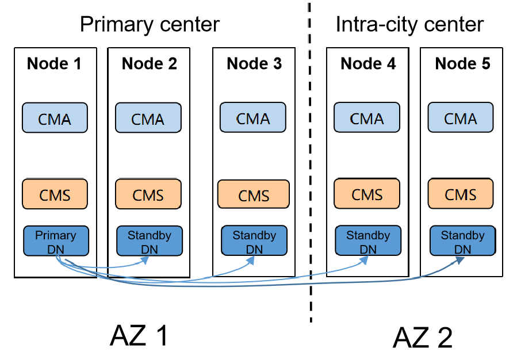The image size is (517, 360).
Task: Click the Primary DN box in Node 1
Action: (x=56, y=241)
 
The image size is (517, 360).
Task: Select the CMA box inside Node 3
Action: (x=253, y=118)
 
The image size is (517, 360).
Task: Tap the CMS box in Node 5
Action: (x=461, y=194)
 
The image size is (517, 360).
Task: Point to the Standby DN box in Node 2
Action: (x=149, y=241)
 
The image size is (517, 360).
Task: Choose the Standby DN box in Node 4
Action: (x=367, y=241)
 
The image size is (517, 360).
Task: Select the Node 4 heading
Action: (x=368, y=63)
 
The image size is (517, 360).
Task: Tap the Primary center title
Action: (x=150, y=25)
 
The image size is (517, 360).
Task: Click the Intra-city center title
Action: (x=409, y=25)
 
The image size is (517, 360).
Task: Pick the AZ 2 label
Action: (x=423, y=337)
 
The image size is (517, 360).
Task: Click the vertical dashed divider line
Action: (x=310, y=173)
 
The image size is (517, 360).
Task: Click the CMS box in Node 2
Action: (x=148, y=194)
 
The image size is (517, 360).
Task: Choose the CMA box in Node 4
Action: (x=367, y=118)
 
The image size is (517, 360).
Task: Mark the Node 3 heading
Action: (x=254, y=63)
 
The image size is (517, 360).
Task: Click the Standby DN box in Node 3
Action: (x=254, y=241)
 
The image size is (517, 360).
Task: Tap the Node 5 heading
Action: (x=462, y=63)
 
